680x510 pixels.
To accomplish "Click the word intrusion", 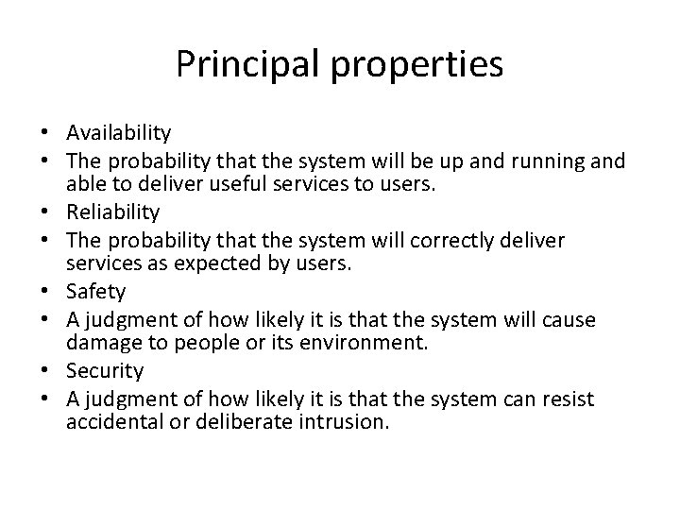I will point(342,422).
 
